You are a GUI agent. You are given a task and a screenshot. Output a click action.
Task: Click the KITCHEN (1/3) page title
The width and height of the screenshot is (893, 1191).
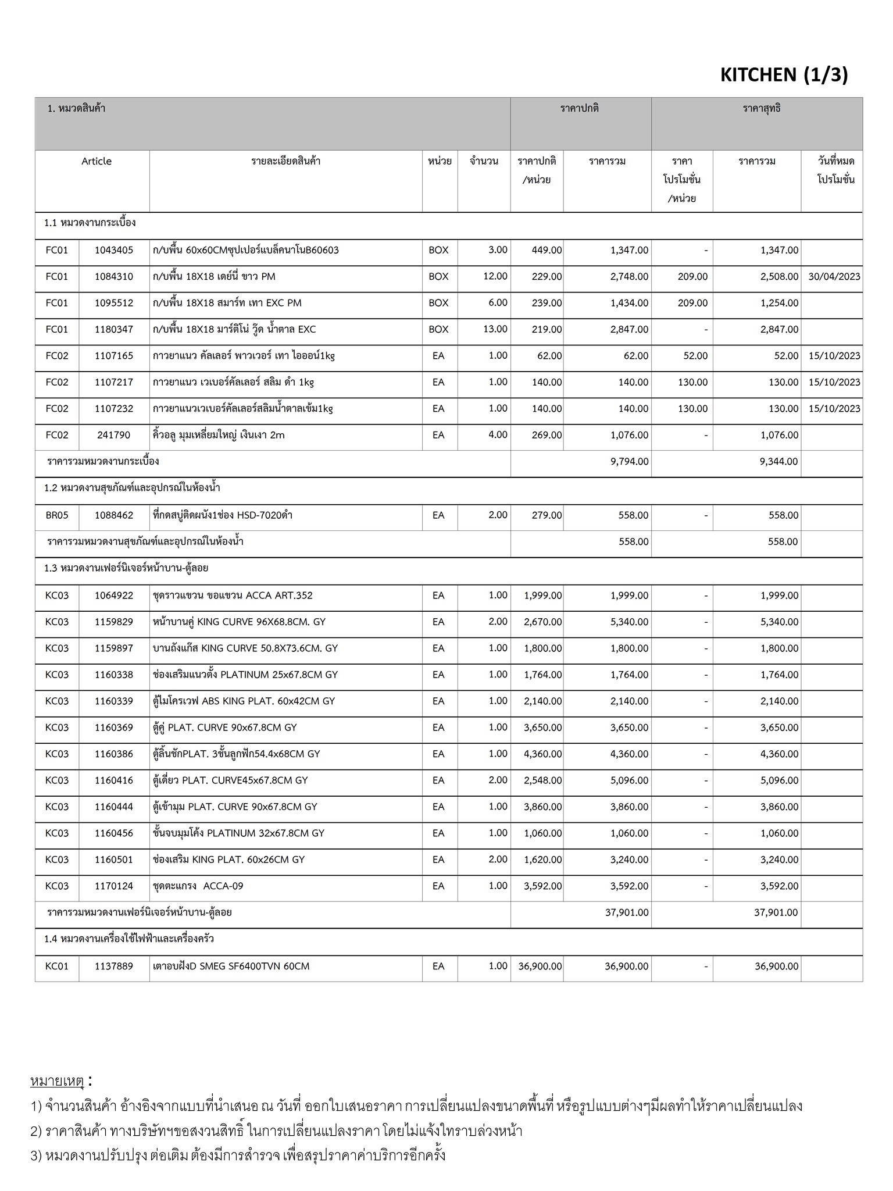(784, 75)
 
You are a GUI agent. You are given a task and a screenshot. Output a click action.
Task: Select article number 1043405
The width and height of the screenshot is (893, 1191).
(114, 250)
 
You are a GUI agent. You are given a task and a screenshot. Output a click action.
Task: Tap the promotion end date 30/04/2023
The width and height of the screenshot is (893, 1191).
(834, 277)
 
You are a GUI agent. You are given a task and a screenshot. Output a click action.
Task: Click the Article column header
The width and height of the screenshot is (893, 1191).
(97, 161)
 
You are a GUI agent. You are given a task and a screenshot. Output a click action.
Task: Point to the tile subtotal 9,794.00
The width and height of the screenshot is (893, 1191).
(629, 462)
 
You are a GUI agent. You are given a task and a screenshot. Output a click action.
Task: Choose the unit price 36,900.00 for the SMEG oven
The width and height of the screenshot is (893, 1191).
(540, 966)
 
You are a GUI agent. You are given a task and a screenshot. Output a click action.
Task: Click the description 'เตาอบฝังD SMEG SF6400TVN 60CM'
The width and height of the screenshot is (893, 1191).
(231, 966)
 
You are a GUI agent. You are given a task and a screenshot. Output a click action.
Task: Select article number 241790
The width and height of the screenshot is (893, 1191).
(114, 435)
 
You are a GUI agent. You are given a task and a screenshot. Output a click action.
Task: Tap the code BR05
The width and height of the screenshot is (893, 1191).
(56, 515)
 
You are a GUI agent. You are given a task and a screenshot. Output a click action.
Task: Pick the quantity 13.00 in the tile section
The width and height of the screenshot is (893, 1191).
(495, 329)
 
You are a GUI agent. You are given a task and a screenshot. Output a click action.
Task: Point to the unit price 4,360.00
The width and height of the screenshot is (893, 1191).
(543, 754)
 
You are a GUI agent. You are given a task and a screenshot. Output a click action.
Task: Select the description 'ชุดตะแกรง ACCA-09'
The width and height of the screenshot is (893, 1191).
(198, 886)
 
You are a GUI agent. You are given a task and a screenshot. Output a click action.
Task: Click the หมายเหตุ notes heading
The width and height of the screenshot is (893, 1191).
(58, 1081)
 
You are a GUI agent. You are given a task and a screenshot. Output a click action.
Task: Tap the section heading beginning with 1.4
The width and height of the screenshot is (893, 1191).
(129, 939)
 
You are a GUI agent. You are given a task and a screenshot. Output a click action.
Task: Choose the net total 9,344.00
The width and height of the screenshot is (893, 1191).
(779, 462)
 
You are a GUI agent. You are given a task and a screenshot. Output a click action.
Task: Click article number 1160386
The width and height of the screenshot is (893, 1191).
(114, 754)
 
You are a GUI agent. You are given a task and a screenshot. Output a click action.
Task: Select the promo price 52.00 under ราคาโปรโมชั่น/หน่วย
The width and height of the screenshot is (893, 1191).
(695, 356)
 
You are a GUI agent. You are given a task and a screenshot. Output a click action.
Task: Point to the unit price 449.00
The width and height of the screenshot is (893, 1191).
(546, 250)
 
